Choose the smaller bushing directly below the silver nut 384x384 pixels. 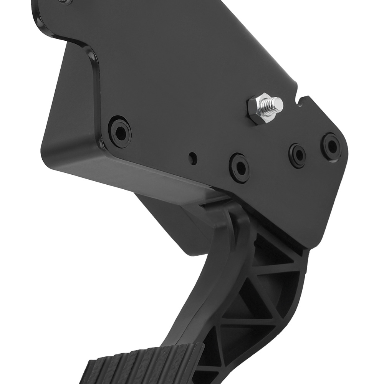pos(298,155)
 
